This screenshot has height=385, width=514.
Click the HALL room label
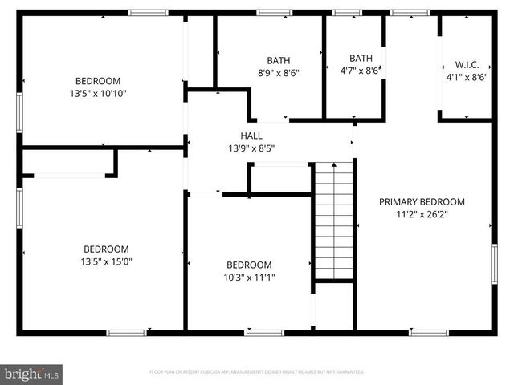(251, 136)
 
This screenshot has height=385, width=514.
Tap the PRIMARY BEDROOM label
(422, 202)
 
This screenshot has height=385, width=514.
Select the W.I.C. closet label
(467, 65)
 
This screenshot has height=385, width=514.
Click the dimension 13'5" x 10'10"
(98, 93)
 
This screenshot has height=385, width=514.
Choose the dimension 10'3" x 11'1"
(248, 278)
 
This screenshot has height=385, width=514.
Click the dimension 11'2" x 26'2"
(422, 214)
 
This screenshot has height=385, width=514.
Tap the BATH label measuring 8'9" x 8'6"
(279, 60)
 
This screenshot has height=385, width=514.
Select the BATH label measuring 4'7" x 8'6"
(361, 58)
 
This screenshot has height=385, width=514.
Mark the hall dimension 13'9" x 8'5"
(251, 148)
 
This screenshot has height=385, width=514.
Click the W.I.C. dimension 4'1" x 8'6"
(467, 78)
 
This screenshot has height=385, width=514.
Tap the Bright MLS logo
(32, 374)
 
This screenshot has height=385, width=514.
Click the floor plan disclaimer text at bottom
(257, 372)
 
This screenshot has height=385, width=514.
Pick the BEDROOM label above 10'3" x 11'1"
(248, 265)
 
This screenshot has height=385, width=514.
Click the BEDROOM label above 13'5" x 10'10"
(98, 81)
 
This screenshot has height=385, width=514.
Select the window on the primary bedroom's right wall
(494, 264)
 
